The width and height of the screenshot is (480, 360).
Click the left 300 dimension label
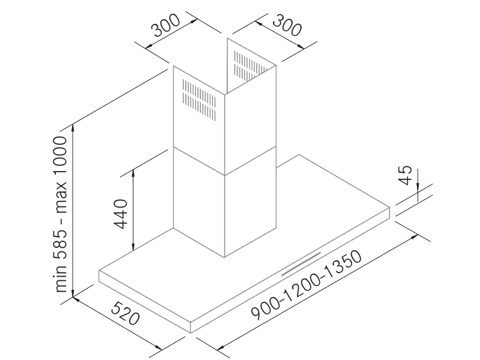pyautogui.click(x=167, y=25)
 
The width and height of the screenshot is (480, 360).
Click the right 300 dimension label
pyautogui.click(x=287, y=26)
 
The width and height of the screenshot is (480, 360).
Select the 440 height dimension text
pyautogui.click(x=121, y=214)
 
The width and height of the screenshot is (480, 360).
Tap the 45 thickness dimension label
pyautogui.click(x=406, y=175)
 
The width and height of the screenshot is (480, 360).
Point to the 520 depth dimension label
pyautogui.click(x=125, y=313)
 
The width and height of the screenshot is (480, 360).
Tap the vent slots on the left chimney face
pyautogui.click(x=199, y=100)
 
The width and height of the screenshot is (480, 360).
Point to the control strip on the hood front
pyautogui.click(x=301, y=264)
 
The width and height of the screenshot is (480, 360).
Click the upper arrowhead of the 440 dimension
pyautogui.click(x=133, y=173)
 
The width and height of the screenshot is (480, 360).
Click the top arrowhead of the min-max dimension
pyautogui.click(x=73, y=128)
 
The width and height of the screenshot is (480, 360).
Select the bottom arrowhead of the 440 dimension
pyautogui.click(x=133, y=247)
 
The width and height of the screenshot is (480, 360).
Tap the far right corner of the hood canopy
pyautogui.click(x=389, y=208)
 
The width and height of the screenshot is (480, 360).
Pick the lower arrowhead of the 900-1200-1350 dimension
pyautogui.click(x=221, y=347)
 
